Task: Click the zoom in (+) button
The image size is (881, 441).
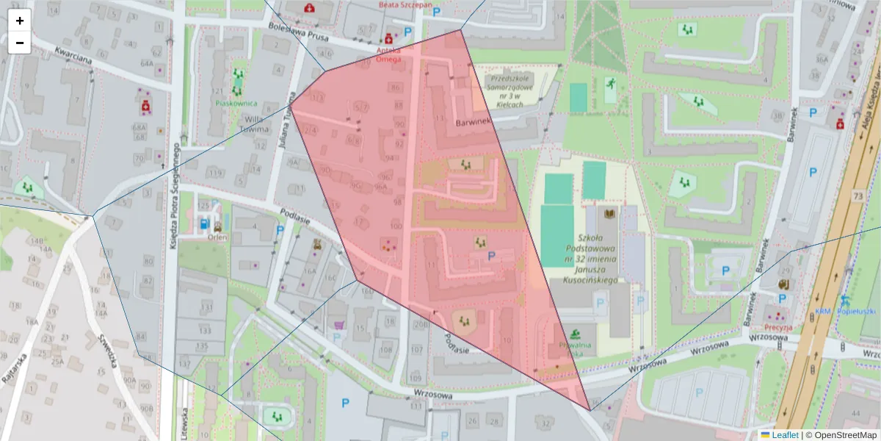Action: click(x=20, y=21)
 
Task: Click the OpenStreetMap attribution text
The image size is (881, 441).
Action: click(x=843, y=434)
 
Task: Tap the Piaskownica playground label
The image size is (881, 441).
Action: click(x=236, y=104)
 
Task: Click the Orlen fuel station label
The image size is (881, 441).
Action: click(x=217, y=237)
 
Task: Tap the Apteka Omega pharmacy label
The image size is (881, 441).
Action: click(x=388, y=54)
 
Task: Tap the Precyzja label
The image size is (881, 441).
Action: click(x=777, y=327)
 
